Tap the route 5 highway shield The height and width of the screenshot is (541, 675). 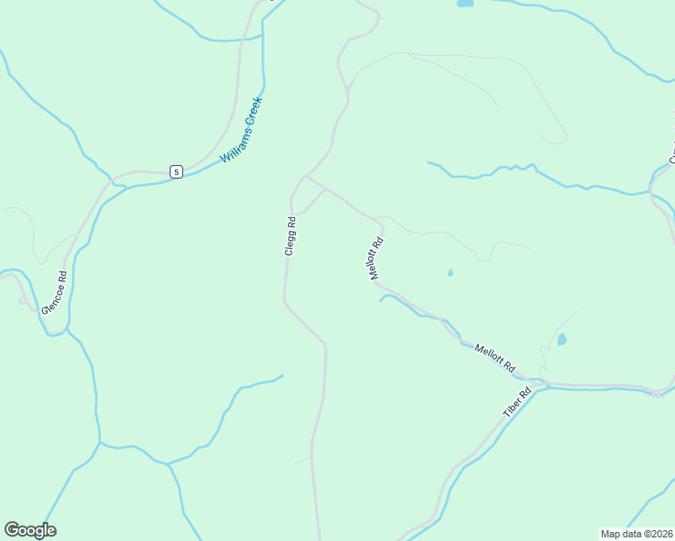177,171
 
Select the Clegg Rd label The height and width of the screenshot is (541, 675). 290,236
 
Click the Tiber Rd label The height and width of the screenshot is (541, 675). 513,402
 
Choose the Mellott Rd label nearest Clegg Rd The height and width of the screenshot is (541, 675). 377,258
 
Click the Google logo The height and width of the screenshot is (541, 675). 30,530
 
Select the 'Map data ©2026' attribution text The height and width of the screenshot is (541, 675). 636,534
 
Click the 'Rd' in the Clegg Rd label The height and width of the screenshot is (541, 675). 291,221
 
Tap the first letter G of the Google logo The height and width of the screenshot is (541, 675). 12,529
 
